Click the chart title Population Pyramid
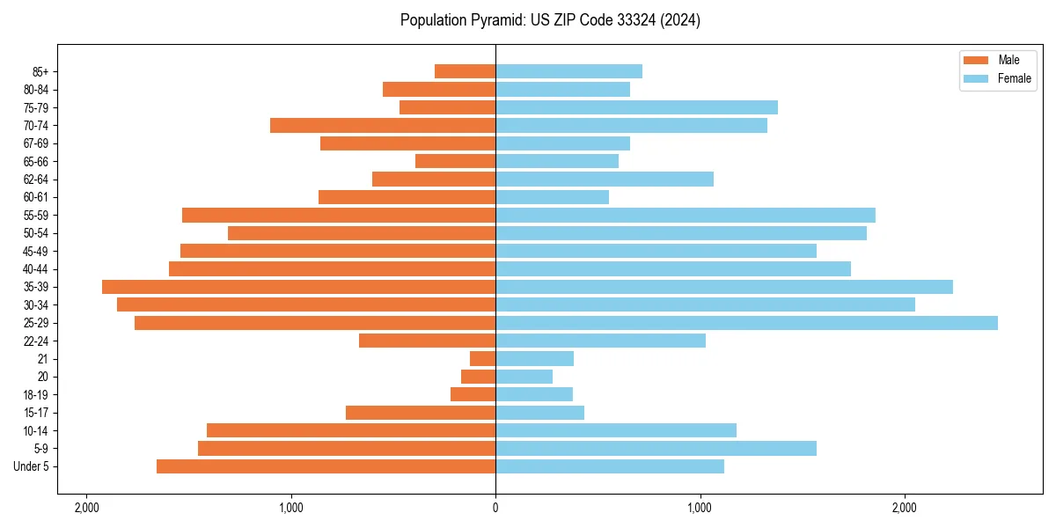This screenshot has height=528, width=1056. pyautogui.click(x=550, y=20)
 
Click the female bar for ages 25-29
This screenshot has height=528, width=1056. pyautogui.click(x=746, y=323)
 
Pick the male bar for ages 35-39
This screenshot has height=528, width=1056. pyautogui.click(x=299, y=287)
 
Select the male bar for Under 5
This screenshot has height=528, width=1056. pyautogui.click(x=326, y=466)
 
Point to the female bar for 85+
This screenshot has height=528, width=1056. pyautogui.click(x=568, y=71)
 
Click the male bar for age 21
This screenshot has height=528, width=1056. pyautogui.click(x=483, y=359)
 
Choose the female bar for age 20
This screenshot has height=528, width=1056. pyautogui.click(x=524, y=377)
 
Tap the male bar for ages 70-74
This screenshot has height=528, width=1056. pyautogui.click(x=383, y=126)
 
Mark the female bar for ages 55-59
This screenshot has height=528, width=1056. pyautogui.click(x=686, y=216)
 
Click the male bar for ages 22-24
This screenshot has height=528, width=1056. pyautogui.click(x=428, y=341)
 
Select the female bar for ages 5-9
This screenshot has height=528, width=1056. pyautogui.click(x=656, y=449)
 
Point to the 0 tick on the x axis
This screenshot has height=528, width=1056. pyautogui.click(x=495, y=508)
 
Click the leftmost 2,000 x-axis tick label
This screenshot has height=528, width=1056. pyautogui.click(x=86, y=508)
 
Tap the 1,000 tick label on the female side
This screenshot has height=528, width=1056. pyautogui.click(x=700, y=508)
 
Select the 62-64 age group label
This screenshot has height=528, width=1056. pyautogui.click(x=35, y=180)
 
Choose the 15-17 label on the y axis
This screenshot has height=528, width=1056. pyautogui.click(x=35, y=413)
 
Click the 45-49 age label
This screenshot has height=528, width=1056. pyautogui.click(x=35, y=252)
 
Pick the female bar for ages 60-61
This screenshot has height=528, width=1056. pyautogui.click(x=552, y=197)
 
